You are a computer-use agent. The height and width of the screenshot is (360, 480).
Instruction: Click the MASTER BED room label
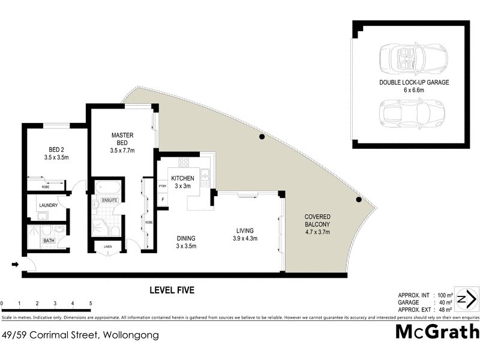pos(122,139)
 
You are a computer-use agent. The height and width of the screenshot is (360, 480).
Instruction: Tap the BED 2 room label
pos(57,150)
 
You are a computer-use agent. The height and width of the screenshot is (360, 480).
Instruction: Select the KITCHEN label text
pos(183,179)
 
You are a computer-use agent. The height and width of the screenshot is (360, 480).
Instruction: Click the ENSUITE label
pos(109,199)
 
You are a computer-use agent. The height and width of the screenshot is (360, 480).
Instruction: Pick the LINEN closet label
pos(108,245)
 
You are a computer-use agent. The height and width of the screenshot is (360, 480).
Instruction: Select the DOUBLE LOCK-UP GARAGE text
pos(413,82)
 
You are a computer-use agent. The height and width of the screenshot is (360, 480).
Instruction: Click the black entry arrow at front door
pos(15,264)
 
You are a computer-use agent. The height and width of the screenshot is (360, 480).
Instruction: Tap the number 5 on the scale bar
pos(90,304)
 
